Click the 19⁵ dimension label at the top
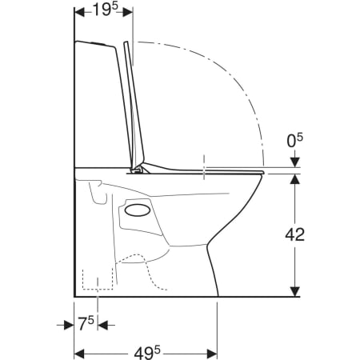[105, 10]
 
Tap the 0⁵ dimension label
[295, 141]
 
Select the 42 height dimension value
[294, 234]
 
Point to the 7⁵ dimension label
[86, 323]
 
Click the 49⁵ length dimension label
[147, 354]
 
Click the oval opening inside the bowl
[138, 210]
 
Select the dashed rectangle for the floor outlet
[98, 279]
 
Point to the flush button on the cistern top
[98, 43]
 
